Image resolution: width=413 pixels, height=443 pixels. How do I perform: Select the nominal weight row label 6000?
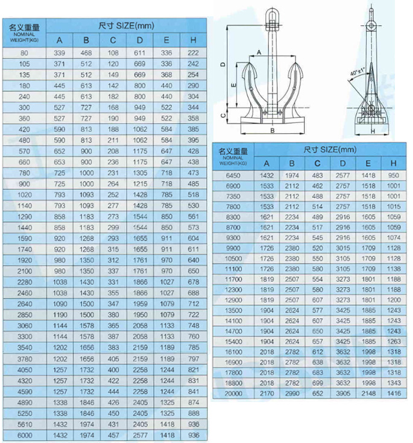(25, 434)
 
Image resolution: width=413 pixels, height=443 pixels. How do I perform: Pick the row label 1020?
(25, 195)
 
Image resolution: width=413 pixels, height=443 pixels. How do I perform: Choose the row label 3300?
(25, 336)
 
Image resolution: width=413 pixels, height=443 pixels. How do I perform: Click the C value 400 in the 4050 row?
(113, 369)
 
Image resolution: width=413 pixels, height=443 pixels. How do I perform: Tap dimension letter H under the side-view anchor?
(373, 131)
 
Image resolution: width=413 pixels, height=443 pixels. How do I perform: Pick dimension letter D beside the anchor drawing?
(222, 64)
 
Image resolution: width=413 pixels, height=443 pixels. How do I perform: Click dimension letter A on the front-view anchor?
(259, 53)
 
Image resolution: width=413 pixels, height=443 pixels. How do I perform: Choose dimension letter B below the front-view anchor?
(273, 130)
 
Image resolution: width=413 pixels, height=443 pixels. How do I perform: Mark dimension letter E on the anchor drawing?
(233, 86)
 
